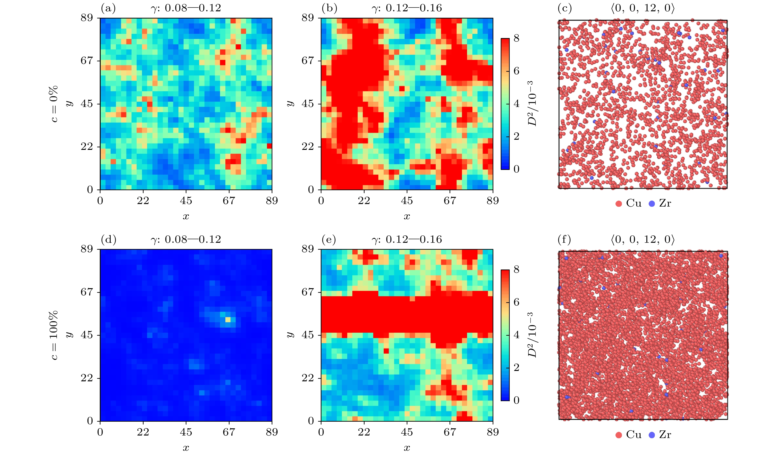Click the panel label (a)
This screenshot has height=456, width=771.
[108, 8]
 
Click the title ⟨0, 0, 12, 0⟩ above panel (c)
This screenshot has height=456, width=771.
[643, 8]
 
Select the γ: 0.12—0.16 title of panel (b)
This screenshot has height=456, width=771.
[407, 8]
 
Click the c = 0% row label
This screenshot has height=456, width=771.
[53, 104]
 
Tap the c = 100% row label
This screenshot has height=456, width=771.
[53, 335]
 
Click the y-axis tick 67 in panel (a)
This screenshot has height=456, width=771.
[87, 61]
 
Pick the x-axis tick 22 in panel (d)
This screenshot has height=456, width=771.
[143, 432]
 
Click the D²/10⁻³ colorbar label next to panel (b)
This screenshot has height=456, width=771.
[532, 104]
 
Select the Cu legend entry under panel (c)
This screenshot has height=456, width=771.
[629, 203]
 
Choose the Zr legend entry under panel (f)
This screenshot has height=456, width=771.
[660, 435]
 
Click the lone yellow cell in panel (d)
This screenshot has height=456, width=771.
[228, 320]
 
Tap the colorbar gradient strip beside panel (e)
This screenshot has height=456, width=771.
[505, 335]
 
